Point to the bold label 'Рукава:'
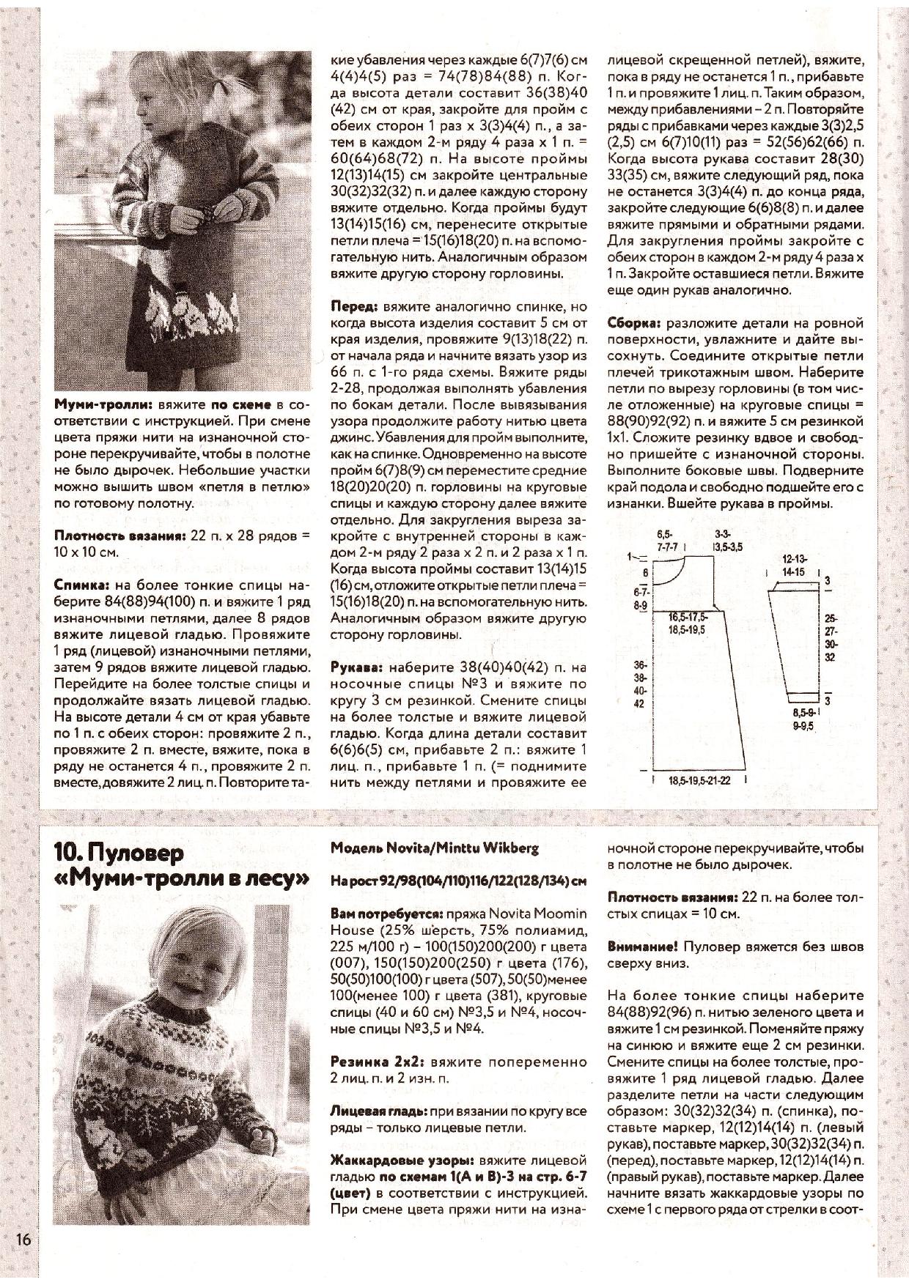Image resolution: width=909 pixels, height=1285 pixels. click(356, 667)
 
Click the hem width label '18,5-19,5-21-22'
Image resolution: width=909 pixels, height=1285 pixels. click(699, 781)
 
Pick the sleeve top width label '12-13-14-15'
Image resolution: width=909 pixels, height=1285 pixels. click(793, 566)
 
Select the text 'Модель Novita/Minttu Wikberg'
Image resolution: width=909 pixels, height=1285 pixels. click(435, 848)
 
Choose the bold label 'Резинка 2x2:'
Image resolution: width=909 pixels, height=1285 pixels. click(378, 1061)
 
